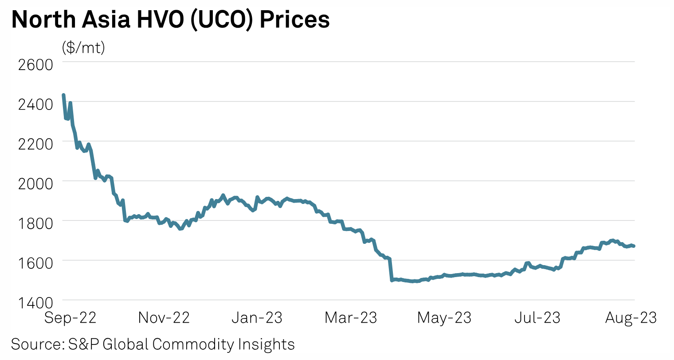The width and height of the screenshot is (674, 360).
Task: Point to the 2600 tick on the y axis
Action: (35, 65)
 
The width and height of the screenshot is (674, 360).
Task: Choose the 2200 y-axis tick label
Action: (35, 144)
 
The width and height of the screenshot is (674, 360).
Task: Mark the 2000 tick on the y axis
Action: (35, 183)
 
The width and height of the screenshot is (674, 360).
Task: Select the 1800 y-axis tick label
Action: (35, 223)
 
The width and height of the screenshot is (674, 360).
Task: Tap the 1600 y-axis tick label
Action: (35, 262)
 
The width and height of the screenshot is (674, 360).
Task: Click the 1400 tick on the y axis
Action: (35, 302)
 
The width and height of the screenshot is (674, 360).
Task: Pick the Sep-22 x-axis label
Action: (70, 318)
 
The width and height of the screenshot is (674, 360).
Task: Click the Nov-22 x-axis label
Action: (164, 318)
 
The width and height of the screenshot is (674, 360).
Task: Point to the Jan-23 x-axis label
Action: (257, 318)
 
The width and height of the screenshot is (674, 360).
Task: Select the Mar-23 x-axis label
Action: (351, 318)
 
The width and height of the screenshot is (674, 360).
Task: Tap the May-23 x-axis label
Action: (444, 318)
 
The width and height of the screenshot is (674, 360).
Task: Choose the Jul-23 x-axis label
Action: (537, 318)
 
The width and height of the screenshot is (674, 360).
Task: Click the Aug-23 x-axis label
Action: (631, 318)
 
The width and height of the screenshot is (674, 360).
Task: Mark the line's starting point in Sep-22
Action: (63, 95)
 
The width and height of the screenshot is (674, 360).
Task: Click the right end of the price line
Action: (634, 246)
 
